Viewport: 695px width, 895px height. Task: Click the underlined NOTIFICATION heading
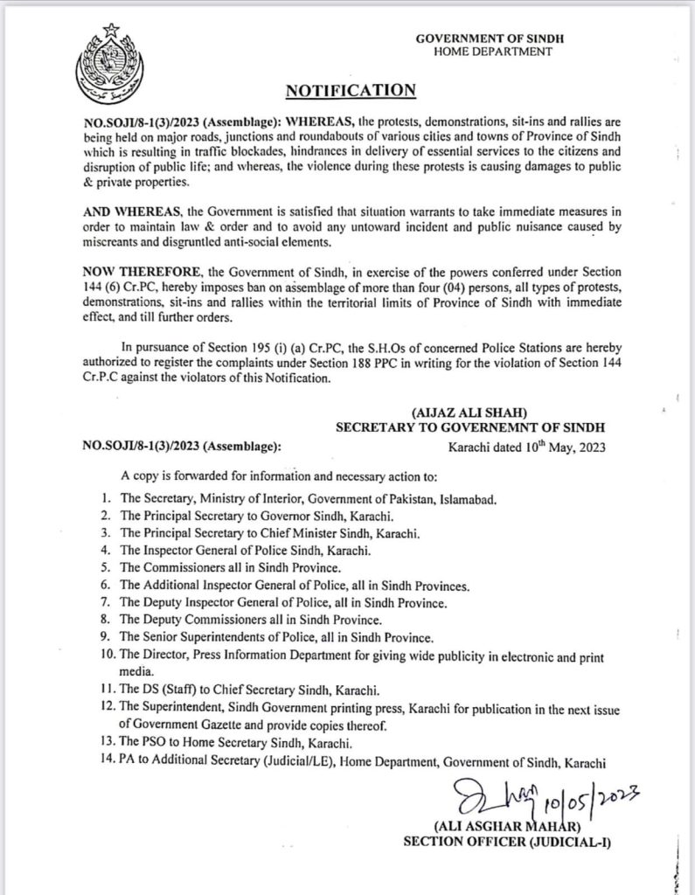click(348, 89)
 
